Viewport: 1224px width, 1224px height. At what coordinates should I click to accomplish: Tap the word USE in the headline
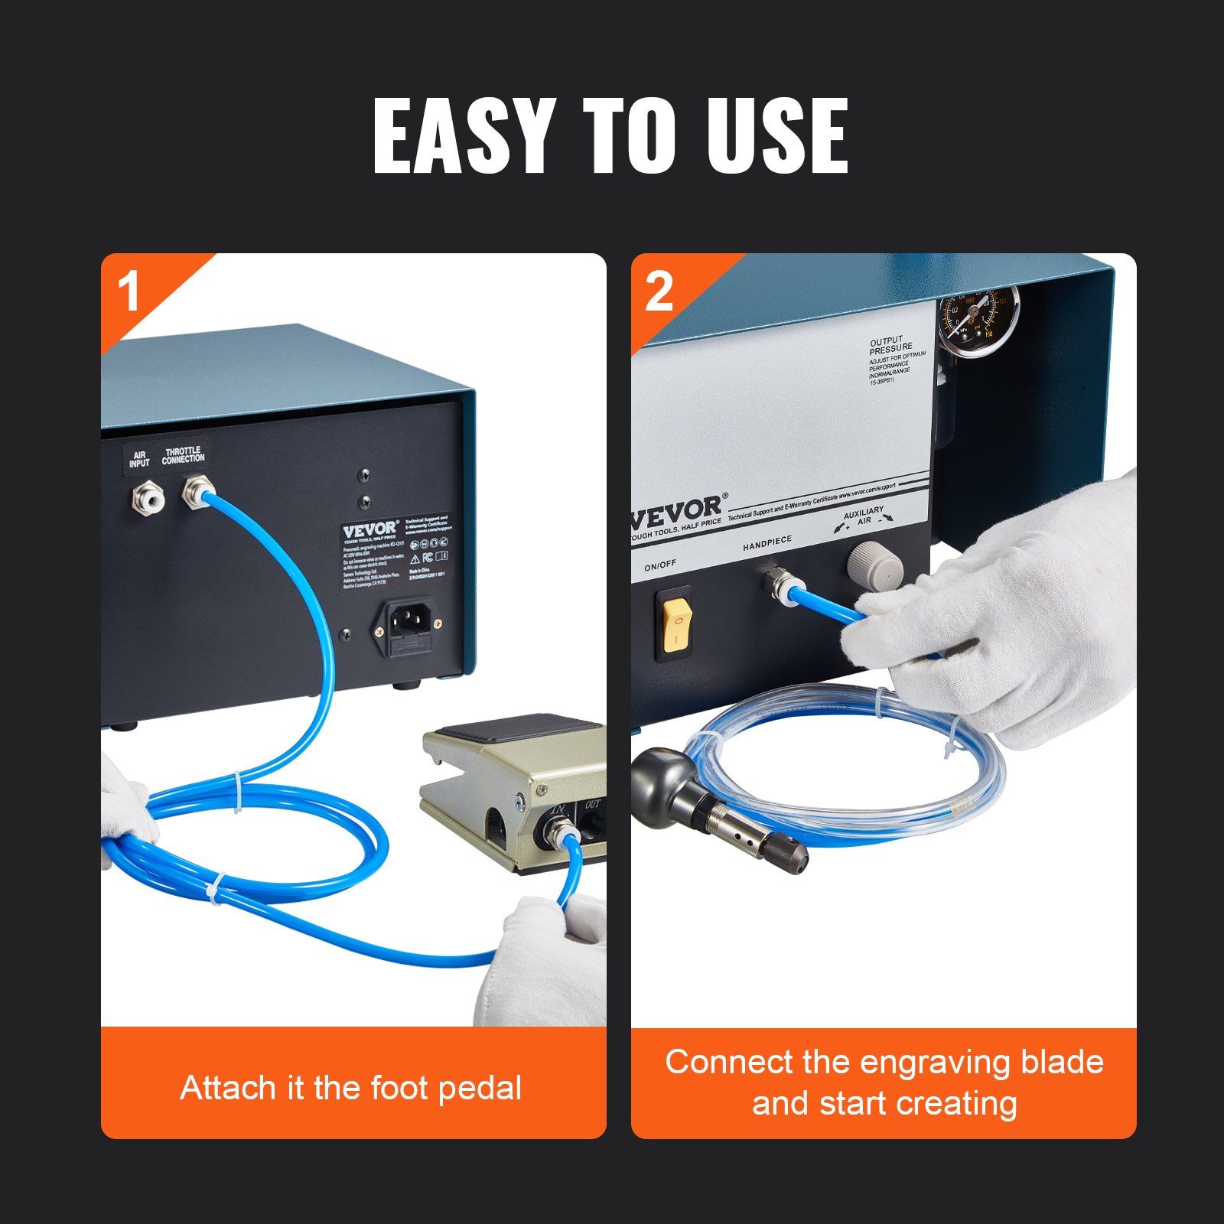pyautogui.click(x=776, y=136)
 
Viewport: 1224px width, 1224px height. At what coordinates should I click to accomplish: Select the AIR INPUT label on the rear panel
pyautogui.click(x=139, y=459)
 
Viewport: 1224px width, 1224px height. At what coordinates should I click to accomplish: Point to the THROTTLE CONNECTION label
pyautogui.click(x=183, y=455)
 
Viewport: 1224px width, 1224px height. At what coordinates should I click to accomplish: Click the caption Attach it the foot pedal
pyautogui.click(x=351, y=1087)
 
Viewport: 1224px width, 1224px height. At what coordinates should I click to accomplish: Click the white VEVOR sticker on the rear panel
pyautogui.click(x=396, y=551)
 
